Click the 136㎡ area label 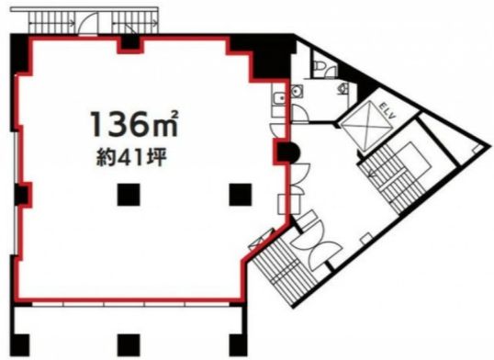135,124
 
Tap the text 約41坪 131,158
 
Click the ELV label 387,111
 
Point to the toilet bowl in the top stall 319,66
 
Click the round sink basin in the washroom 297,91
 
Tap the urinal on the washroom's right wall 344,88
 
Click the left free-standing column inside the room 129,195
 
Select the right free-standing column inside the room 241,195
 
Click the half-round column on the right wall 287,152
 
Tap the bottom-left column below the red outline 21,345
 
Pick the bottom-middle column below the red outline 129,345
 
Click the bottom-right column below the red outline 238,345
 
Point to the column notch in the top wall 130,43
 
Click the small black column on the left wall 22,195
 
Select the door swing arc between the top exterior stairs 86,21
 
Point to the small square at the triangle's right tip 478,148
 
